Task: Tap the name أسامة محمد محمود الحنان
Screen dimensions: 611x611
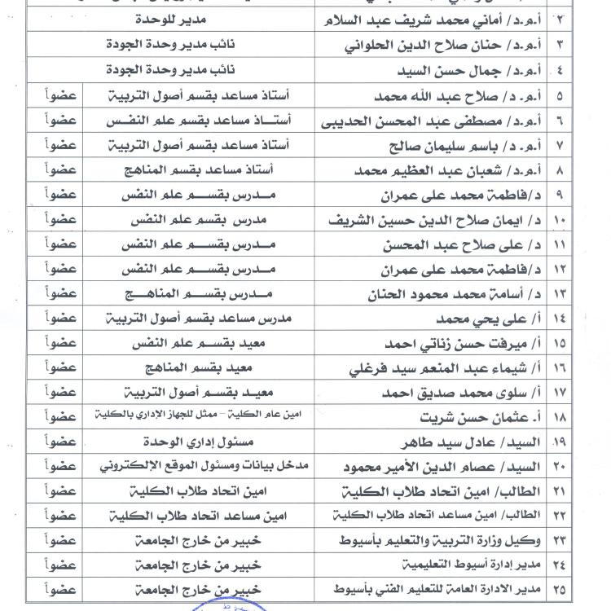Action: pyautogui.click(x=444, y=293)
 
